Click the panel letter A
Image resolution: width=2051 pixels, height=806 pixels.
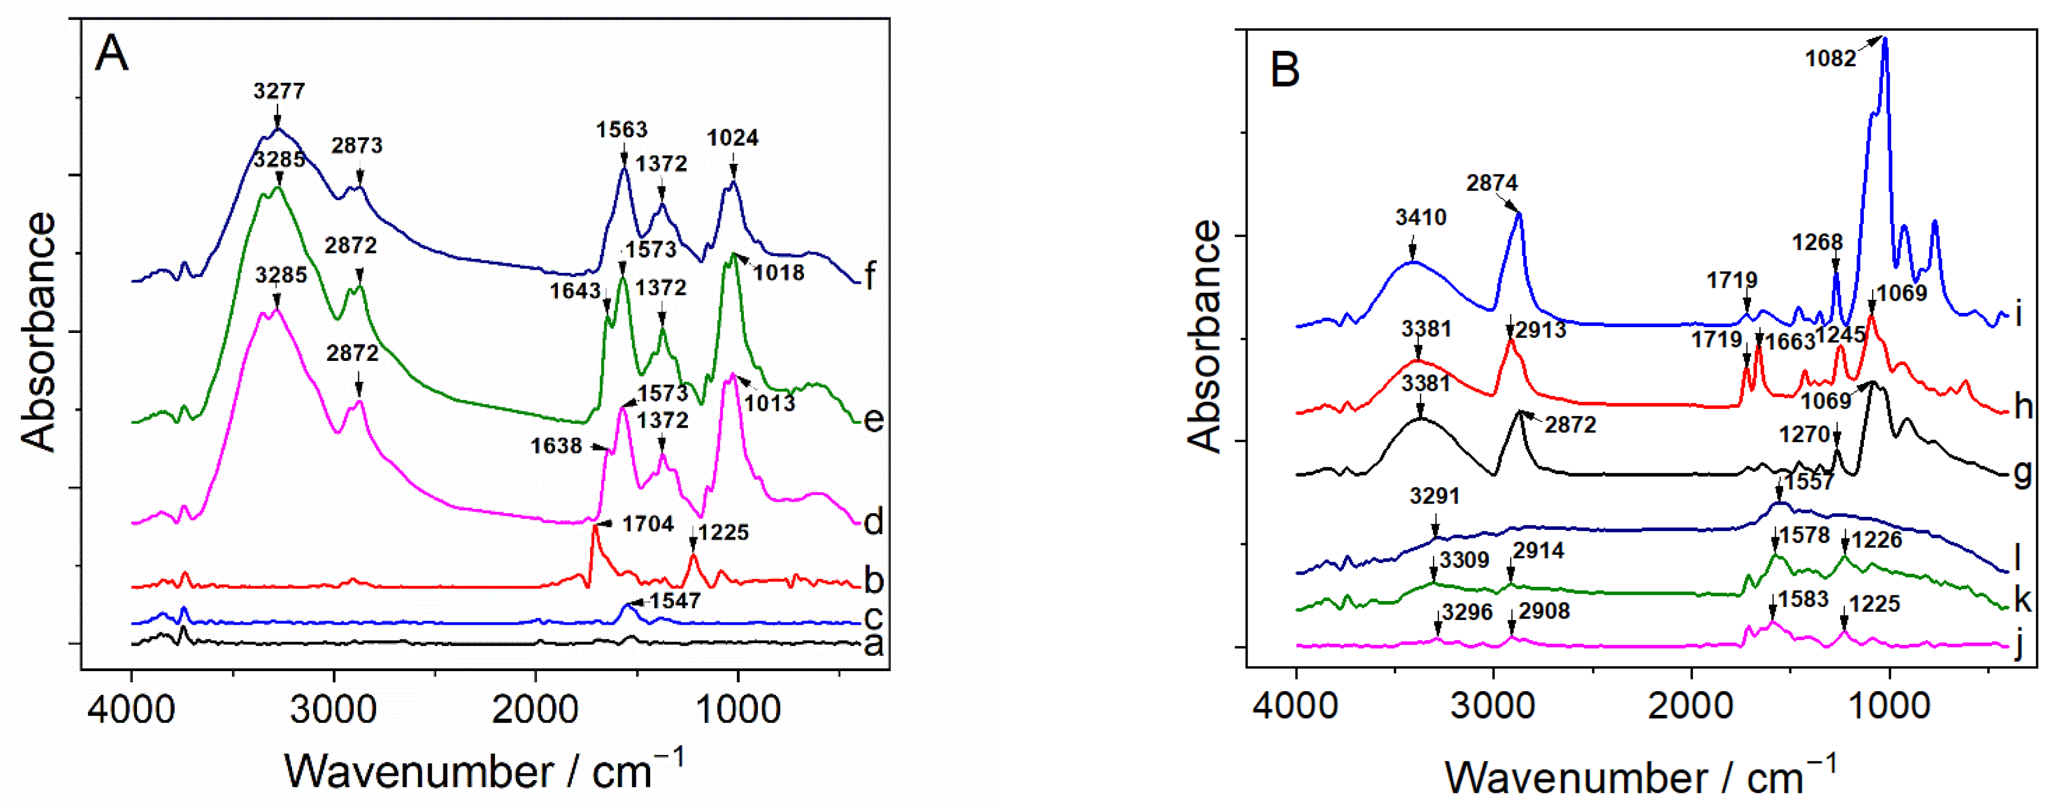click(x=111, y=54)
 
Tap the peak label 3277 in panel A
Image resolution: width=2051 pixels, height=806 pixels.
click(x=279, y=91)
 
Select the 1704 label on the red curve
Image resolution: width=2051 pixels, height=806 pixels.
click(x=647, y=524)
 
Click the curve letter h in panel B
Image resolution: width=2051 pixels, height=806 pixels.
click(x=2023, y=407)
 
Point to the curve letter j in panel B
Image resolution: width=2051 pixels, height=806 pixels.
click(x=2018, y=646)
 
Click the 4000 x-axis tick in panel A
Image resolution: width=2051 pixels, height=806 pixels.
click(x=131, y=707)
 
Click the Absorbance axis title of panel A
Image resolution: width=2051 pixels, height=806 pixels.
click(x=38, y=332)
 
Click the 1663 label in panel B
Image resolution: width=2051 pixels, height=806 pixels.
click(x=1790, y=341)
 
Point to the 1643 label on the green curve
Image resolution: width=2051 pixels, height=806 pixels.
click(x=574, y=291)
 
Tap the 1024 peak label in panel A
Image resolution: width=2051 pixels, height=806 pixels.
click(x=732, y=137)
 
